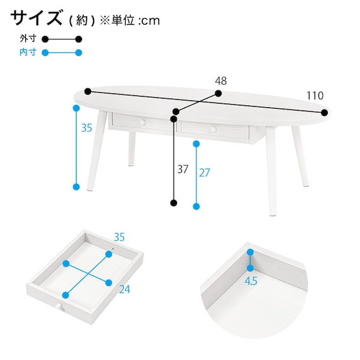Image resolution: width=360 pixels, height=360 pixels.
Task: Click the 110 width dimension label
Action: point(315,95)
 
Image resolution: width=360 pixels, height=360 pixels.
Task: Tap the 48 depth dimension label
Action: point(221,81)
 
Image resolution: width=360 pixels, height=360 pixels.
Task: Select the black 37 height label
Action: point(183,169)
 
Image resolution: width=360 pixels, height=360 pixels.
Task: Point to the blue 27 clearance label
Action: point(205,172)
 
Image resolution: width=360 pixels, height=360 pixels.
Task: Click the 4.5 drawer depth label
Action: point(251,281)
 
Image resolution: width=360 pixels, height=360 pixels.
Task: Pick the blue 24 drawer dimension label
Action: point(124,289)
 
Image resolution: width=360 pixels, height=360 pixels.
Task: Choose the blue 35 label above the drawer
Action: point(119,237)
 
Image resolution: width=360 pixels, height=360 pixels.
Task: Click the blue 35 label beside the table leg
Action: point(87,128)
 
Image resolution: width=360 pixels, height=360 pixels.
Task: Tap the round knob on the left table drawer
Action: point(142,123)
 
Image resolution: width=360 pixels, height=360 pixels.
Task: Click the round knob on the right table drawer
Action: point(213,129)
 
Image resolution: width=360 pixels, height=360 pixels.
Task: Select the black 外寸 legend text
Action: point(28,39)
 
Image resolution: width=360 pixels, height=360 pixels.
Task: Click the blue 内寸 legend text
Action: point(28,52)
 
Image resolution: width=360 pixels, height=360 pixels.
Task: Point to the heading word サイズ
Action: point(36,18)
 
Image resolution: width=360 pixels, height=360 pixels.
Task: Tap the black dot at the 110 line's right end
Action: point(325,112)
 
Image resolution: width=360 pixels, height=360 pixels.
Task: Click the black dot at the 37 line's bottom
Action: point(174,203)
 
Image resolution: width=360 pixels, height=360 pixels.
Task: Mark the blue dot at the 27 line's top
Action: point(196,144)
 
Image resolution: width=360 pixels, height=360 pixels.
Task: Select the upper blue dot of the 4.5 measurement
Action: point(250,252)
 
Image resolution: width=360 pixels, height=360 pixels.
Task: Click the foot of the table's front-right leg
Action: point(272,215)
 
